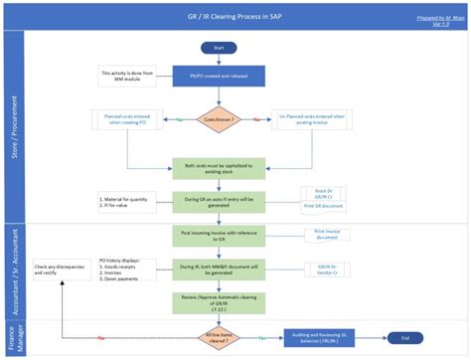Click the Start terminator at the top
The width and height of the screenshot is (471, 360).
click(x=218, y=47)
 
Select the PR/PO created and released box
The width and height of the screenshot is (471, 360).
click(x=218, y=76)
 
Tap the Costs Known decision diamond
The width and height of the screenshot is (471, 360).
click(x=218, y=119)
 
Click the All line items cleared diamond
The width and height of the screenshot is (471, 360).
click(x=218, y=338)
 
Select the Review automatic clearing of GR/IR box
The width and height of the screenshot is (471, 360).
click(x=218, y=301)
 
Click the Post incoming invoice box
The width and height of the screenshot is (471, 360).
click(x=218, y=234)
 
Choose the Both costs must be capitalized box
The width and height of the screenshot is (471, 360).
click(x=218, y=166)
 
